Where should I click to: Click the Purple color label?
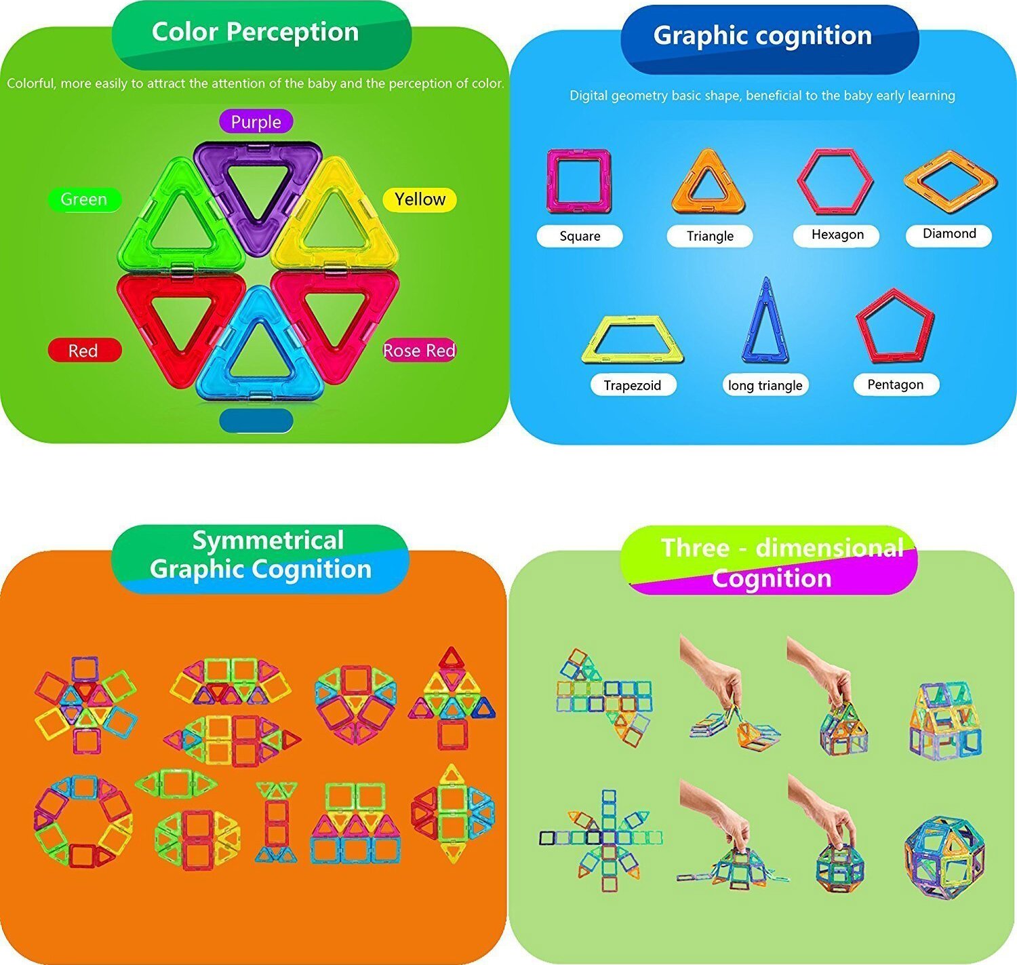[256, 122]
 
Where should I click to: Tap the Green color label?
[84, 199]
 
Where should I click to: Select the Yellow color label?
[420, 199]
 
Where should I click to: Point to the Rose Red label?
[419, 351]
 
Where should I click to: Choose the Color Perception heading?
[255, 32]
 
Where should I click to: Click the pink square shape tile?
[578, 180]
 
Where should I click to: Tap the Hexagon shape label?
[837, 235]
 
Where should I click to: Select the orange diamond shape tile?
[950, 180]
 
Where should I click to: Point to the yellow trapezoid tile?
[632, 338]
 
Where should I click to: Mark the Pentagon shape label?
[896, 385]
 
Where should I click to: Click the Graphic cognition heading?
[762, 36]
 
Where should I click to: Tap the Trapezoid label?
[632, 385]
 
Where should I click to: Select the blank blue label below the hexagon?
[256, 420]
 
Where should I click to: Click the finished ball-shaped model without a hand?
[944, 857]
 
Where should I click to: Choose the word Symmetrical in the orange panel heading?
[268, 540]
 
